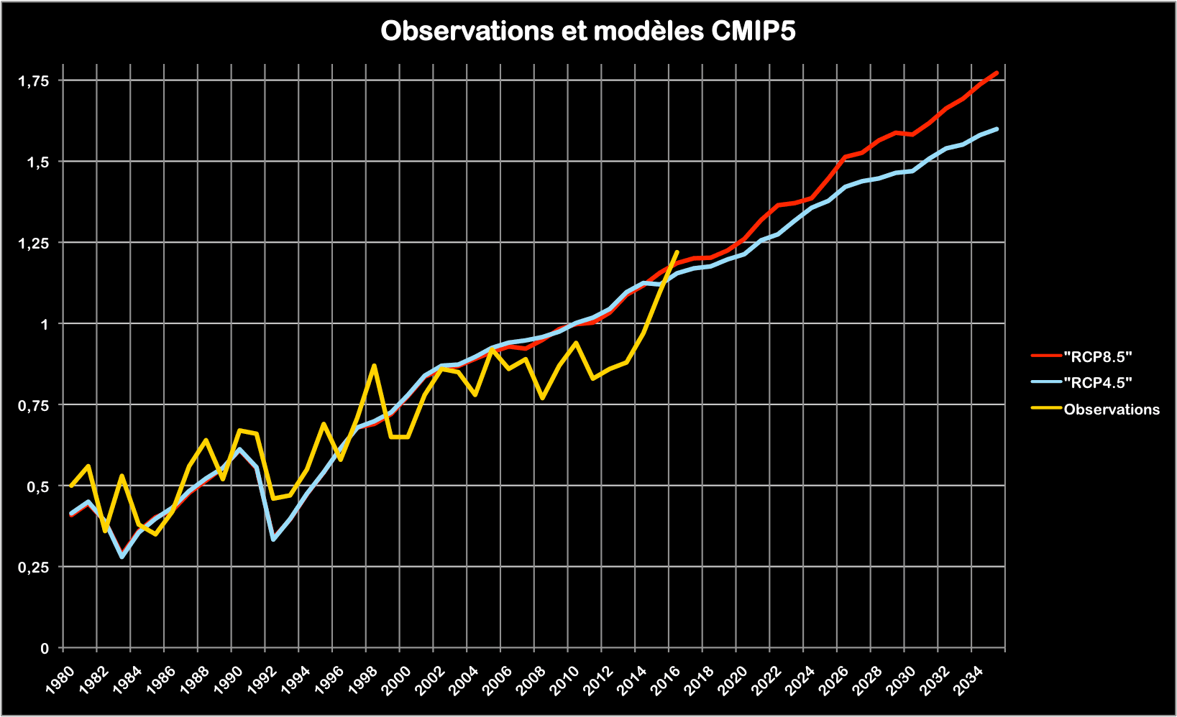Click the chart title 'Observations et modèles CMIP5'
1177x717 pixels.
587,32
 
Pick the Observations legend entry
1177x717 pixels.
1111,410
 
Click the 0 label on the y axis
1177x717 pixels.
45,649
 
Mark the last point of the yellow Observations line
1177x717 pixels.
677,252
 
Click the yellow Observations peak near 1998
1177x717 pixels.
374,366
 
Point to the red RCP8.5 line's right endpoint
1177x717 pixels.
997,73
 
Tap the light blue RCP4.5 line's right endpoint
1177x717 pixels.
997,129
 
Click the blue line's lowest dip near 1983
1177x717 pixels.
122,557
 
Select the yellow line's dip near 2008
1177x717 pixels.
542,398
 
